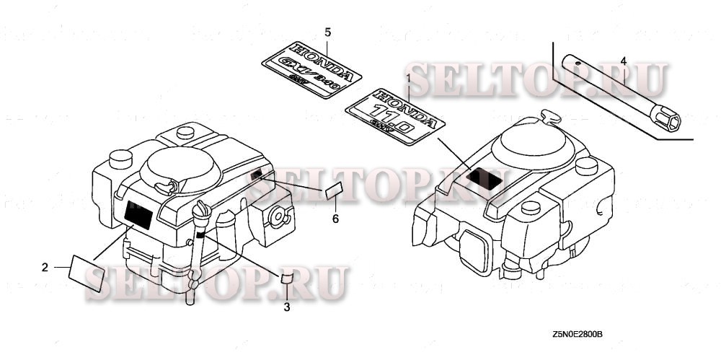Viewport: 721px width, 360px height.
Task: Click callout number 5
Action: point(327,32)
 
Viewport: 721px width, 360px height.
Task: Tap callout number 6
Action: point(335,218)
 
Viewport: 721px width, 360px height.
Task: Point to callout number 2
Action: point(45,267)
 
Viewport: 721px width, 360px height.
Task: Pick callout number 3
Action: point(286,307)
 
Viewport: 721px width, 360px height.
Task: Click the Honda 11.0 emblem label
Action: point(394,113)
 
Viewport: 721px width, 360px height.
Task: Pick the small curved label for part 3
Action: point(286,278)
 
